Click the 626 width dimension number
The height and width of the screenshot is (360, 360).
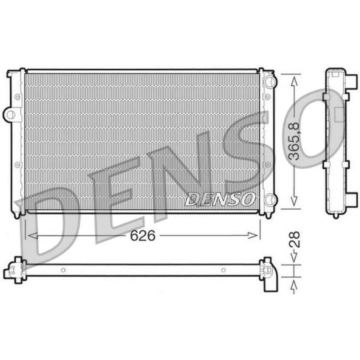[x=143, y=235]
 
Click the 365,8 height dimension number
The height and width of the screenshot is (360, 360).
[x=294, y=141]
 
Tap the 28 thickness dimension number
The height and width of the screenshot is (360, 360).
[x=294, y=239]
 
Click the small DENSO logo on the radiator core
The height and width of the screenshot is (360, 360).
[x=220, y=199]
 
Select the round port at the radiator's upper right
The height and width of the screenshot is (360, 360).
[x=270, y=81]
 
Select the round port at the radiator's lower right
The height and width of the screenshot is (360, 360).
[x=270, y=200]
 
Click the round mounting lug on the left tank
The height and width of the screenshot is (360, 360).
[x=10, y=114]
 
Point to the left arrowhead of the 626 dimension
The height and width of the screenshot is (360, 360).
[x=32, y=235]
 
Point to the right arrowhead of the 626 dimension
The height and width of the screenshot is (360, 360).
[x=253, y=235]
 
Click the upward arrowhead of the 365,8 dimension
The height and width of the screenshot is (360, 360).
[x=294, y=81]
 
